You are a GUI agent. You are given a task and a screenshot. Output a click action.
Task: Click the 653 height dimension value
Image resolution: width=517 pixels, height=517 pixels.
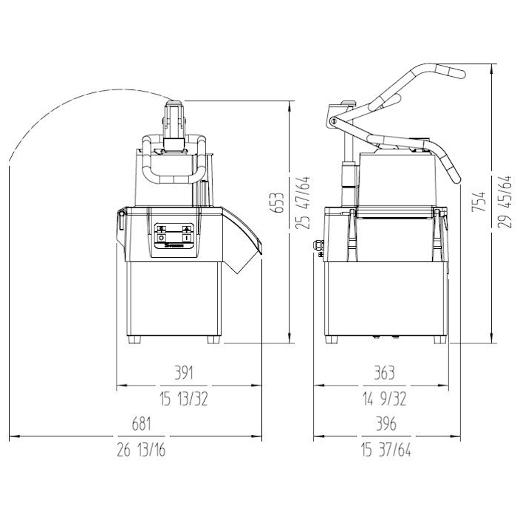click(278, 203)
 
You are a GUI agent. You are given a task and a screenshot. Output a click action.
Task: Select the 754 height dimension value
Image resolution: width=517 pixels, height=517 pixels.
click(479, 202)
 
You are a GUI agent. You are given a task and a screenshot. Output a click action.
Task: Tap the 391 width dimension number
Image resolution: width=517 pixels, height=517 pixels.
click(184, 372)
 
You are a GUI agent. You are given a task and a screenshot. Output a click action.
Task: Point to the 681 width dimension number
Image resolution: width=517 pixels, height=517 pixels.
click(142, 424)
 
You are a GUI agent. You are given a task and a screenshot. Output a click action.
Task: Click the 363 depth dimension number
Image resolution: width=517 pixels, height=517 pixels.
click(385, 373)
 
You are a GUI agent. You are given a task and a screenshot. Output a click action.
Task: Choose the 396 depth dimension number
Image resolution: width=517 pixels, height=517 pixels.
click(386, 424)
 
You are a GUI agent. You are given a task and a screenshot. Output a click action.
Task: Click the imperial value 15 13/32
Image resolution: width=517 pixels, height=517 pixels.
click(184, 399)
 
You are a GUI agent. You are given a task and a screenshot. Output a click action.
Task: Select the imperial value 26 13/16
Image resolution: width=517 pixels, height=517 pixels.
click(141, 450)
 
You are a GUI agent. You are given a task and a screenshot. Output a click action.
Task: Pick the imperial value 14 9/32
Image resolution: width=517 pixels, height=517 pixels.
click(385, 399)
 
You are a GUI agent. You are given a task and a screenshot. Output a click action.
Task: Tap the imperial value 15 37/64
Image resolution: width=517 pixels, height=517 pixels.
click(386, 450)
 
